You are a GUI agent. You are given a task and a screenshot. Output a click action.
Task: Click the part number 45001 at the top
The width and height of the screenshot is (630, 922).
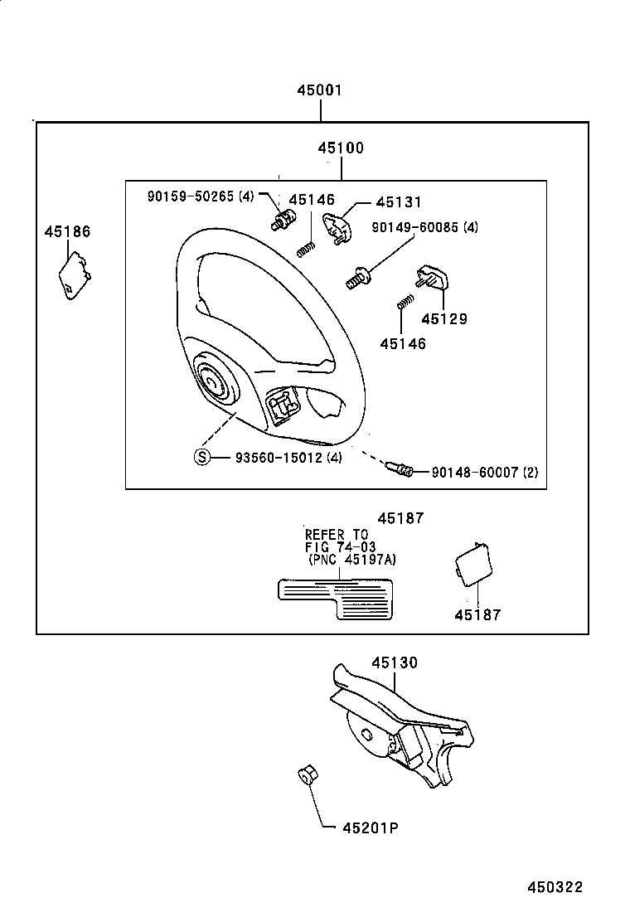320,90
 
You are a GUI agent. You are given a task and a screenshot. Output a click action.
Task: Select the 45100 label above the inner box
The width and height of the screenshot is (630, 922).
340,148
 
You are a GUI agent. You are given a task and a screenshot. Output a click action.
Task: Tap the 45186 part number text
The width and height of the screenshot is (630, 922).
67,231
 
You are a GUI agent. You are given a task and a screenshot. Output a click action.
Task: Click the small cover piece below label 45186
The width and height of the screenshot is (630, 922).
73,278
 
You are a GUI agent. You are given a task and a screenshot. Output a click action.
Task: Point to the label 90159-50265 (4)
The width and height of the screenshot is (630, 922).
201,197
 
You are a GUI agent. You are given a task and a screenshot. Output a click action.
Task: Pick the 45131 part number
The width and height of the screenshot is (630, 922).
399,202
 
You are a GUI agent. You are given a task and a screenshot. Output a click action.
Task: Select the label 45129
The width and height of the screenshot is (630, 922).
443,318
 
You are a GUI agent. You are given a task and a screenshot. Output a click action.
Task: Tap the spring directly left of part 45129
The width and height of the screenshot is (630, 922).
404,303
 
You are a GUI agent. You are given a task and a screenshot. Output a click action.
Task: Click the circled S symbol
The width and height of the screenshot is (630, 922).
202,457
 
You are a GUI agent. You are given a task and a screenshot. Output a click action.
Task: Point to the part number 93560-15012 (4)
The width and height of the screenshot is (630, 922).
288,457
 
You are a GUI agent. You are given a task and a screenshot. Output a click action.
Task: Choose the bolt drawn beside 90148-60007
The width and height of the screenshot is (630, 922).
400,471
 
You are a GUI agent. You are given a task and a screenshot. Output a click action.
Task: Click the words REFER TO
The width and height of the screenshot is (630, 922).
336,535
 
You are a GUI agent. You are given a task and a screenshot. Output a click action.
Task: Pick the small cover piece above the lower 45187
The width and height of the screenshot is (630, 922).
472,562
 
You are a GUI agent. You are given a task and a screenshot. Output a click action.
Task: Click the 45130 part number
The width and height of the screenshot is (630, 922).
395,662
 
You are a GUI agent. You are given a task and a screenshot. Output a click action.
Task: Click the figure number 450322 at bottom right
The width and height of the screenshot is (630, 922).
555,887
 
